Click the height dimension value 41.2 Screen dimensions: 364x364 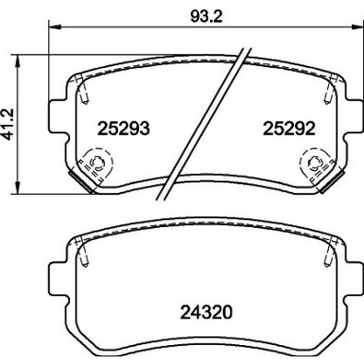(10, 123)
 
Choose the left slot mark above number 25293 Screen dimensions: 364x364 (84, 92)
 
